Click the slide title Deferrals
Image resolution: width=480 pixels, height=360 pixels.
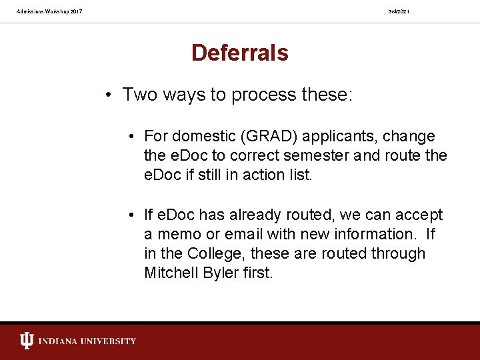[239, 53]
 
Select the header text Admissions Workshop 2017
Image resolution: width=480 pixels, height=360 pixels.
[49, 11]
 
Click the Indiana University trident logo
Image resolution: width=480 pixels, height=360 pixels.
[27, 341]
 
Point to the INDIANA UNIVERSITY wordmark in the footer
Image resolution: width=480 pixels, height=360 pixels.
[87, 341]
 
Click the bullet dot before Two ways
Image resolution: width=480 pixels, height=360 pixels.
[108, 95]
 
